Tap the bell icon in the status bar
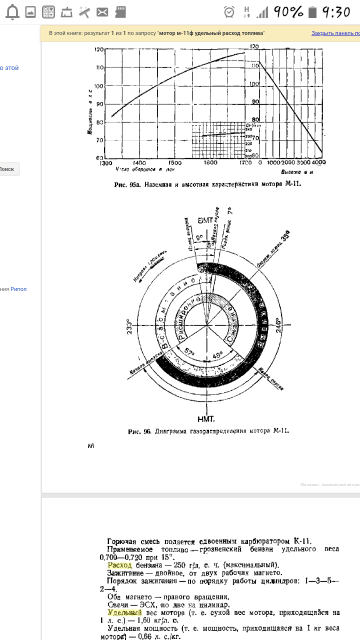pos(12,11)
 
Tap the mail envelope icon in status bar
pos(102,11)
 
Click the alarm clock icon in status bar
pos(229,11)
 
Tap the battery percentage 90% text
pos(288,11)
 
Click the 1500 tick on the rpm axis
pos(174,163)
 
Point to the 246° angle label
pos(278,325)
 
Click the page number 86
pos(91,446)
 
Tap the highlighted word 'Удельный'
pos(124,612)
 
